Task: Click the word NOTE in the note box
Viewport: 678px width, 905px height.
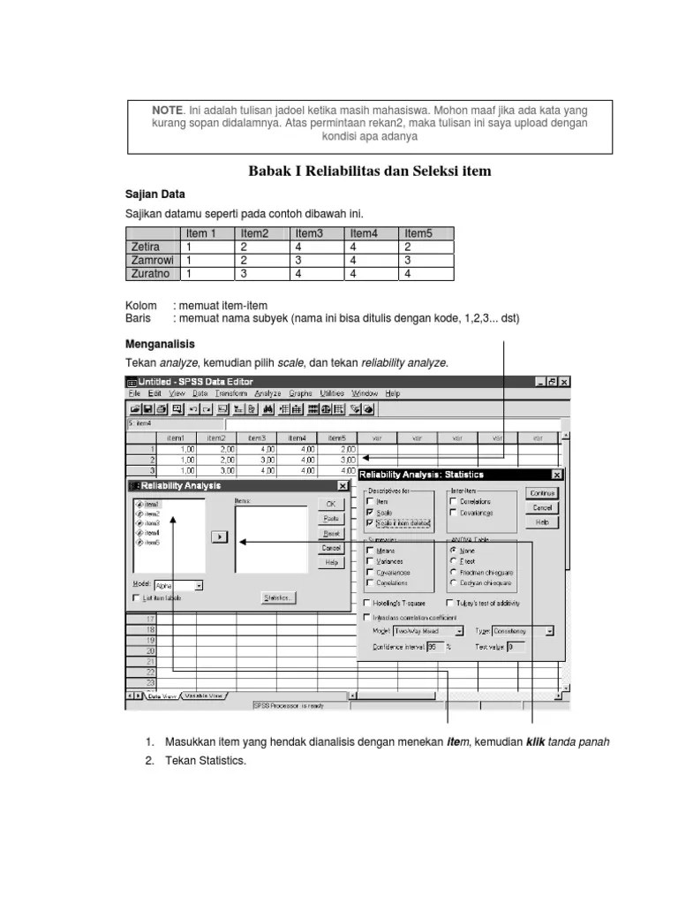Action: tap(167, 110)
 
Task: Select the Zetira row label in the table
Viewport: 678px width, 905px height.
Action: tap(147, 247)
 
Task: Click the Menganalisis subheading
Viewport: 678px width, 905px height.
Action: tap(159, 344)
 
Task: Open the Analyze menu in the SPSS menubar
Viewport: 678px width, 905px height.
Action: tap(267, 393)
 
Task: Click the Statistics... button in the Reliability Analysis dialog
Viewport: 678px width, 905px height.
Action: tap(278, 598)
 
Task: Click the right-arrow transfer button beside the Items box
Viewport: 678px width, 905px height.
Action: tap(221, 536)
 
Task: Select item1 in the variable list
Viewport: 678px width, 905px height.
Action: tap(151, 503)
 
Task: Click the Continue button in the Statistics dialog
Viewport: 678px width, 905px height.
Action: tap(542, 493)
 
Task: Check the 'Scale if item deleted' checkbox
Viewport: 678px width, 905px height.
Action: tap(369, 523)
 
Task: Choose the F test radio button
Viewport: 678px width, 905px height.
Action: tap(454, 560)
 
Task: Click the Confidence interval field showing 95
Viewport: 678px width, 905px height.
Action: tap(435, 647)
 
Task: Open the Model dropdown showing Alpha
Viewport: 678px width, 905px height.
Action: tap(178, 585)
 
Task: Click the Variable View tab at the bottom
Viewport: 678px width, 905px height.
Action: tap(204, 696)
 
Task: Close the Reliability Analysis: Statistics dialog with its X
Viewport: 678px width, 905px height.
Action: tap(554, 475)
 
